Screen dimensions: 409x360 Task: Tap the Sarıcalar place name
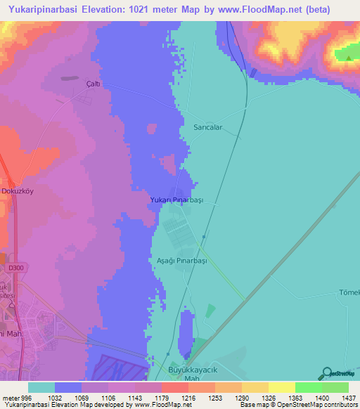208,128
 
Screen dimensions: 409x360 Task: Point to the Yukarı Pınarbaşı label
176,200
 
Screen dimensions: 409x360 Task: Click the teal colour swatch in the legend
41,387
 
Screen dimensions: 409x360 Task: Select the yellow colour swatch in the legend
281,387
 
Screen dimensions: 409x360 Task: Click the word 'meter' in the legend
11,398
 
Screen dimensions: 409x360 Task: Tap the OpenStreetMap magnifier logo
325,372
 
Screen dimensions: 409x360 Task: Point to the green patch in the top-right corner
345,54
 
